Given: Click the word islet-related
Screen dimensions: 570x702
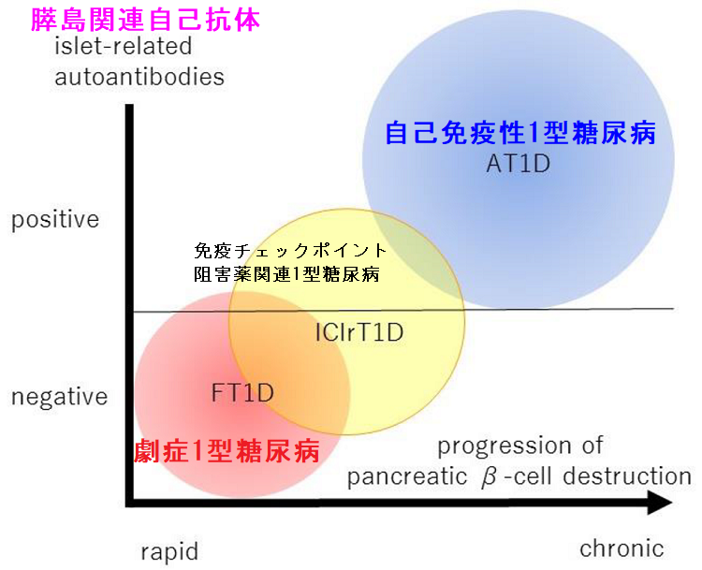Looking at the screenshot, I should [x=123, y=46].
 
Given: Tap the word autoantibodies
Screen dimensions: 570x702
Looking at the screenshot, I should [x=139, y=77].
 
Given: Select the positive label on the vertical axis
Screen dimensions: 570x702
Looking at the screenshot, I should [x=55, y=220].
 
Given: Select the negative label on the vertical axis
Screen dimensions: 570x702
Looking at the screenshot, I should [x=60, y=397].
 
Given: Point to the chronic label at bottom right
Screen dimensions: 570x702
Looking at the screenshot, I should [x=622, y=548].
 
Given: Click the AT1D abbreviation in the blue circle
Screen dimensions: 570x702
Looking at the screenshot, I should [x=518, y=164].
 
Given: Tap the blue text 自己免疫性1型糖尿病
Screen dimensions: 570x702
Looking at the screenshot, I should [x=520, y=133].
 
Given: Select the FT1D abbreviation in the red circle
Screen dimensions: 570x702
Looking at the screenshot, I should [x=242, y=392].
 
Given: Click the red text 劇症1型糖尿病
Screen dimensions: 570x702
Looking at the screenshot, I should [x=228, y=452].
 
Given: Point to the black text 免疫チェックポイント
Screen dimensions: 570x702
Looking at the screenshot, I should [x=290, y=251].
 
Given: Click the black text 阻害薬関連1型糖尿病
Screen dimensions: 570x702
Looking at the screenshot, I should [x=285, y=274].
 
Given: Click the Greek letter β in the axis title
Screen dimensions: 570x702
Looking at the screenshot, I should [x=489, y=476].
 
